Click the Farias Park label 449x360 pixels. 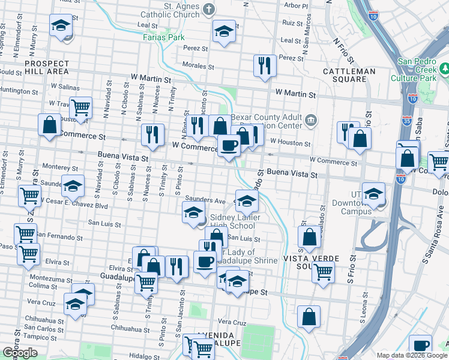point(164,37)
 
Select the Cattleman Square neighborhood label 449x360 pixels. point(349,71)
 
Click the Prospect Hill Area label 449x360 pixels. point(47,67)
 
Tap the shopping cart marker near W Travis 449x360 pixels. point(80,109)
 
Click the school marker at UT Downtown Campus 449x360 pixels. point(373,193)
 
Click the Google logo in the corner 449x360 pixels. point(20,352)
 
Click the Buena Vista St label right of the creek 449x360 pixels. point(292,173)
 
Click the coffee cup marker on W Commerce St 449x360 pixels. point(229,146)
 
